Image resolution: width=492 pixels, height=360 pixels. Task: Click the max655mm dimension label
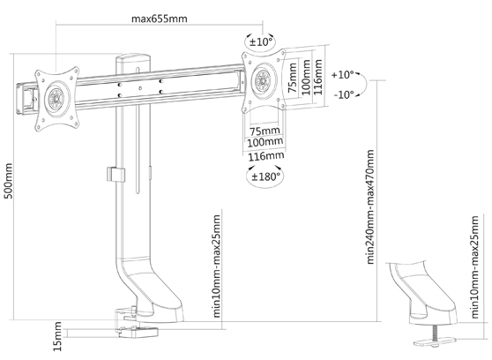click(159, 19)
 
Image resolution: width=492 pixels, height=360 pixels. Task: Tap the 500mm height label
click(8, 181)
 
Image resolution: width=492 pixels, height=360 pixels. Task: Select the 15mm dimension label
click(57, 336)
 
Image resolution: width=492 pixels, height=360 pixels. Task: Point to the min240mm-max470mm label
click(370, 206)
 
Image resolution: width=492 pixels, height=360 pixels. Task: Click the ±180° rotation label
click(265, 176)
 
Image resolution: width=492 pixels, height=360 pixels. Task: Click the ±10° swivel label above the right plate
click(260, 41)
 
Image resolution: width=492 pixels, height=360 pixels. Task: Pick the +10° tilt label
click(343, 75)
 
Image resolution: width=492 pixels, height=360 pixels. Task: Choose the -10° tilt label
click(344, 94)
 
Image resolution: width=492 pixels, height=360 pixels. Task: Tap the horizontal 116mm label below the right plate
click(266, 156)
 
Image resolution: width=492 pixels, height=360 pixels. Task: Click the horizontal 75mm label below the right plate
click(265, 130)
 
